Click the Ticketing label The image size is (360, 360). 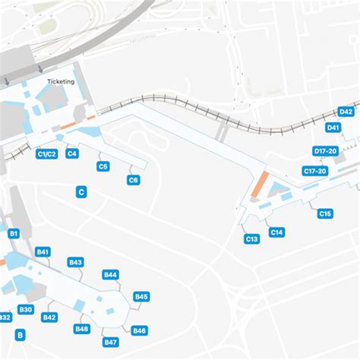(x=61, y=81)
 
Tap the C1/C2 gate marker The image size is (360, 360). (x=46, y=154)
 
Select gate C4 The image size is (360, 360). (x=72, y=154)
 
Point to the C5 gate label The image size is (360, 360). (x=103, y=166)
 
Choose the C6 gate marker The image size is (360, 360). (x=133, y=180)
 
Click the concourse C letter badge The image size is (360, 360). (x=81, y=193)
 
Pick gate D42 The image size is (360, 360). (x=346, y=112)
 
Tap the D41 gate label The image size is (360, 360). (x=333, y=128)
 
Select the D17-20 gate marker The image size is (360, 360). (x=325, y=151)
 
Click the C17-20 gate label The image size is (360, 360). (x=314, y=172)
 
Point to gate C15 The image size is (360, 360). (x=325, y=214)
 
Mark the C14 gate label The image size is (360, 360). (x=276, y=232)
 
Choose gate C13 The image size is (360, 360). (x=252, y=239)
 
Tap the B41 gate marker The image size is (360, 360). (x=43, y=251)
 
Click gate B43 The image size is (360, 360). (x=75, y=262)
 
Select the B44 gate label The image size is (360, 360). (x=110, y=275)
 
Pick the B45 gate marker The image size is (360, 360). (x=141, y=296)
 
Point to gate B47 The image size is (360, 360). (x=111, y=343)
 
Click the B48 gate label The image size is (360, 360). (x=81, y=329)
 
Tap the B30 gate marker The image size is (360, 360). (x=26, y=309)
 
